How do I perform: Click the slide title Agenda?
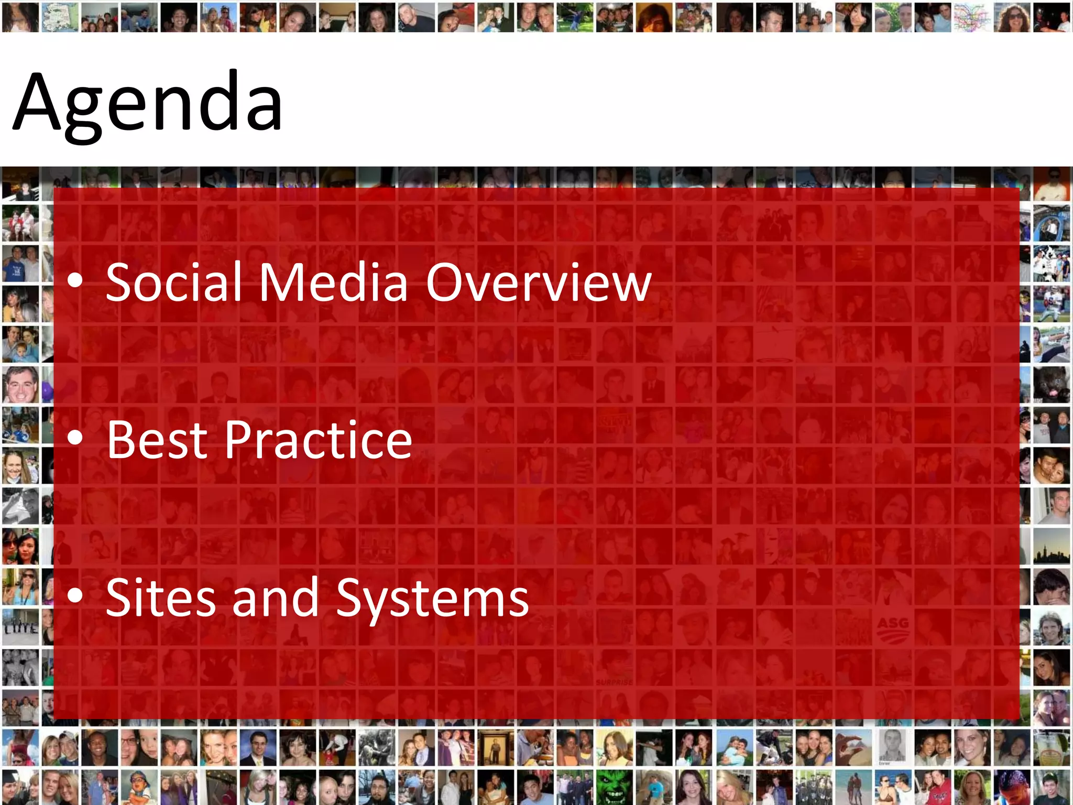[x=148, y=102]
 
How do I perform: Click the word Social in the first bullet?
[x=173, y=283]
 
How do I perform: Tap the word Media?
[x=333, y=283]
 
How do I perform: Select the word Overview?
[x=539, y=283]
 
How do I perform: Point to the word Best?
[x=158, y=440]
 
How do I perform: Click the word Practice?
[x=319, y=440]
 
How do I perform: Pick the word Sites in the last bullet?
[x=161, y=597]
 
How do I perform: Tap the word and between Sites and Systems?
[x=276, y=597]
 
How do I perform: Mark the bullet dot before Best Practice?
[x=75, y=438]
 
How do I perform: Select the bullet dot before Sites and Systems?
[x=75, y=595]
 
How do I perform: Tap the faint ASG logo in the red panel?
[x=893, y=628]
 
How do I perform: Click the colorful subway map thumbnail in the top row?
[x=971, y=17]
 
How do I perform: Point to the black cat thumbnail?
[x=1052, y=385]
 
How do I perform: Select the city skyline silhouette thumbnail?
[x=1052, y=548]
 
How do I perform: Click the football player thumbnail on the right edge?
[x=1052, y=304]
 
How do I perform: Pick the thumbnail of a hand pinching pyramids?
[x=853, y=747]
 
